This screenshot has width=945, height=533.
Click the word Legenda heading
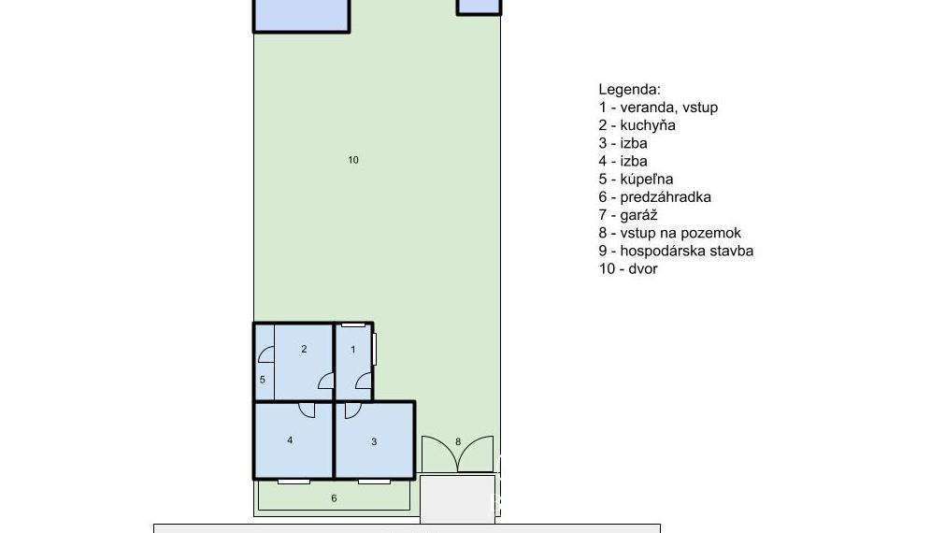(x=629, y=90)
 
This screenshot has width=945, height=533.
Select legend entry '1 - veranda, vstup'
(x=658, y=108)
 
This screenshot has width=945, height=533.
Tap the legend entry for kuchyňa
(x=637, y=125)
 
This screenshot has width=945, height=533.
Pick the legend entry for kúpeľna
(x=636, y=179)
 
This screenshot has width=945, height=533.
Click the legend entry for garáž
(x=629, y=215)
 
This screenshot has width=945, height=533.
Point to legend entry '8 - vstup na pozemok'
(x=669, y=233)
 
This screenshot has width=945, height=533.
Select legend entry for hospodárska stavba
(x=676, y=251)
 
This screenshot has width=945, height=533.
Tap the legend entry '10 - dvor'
(x=628, y=268)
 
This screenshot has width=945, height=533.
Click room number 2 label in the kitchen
(x=304, y=350)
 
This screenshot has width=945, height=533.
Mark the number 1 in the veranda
(x=353, y=350)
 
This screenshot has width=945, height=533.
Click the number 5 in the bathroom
(x=263, y=380)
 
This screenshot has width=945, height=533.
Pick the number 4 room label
(x=291, y=439)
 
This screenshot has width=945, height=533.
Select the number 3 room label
(x=374, y=441)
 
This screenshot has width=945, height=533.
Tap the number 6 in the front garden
(x=334, y=498)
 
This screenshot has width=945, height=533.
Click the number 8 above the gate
(x=458, y=441)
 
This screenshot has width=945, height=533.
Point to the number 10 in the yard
(x=353, y=160)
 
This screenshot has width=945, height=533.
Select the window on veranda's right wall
(x=374, y=348)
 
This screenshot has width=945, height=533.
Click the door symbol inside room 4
(x=306, y=409)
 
